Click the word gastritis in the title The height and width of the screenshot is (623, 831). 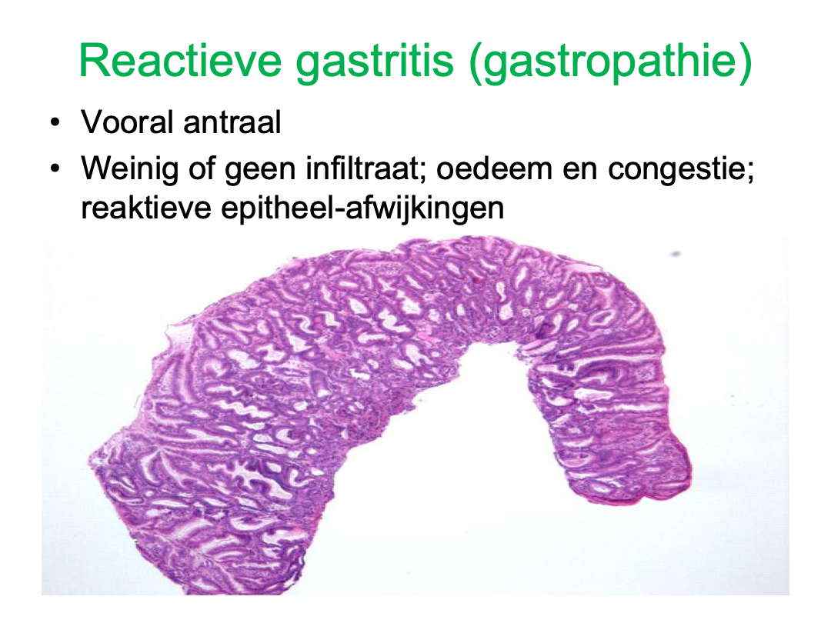click(375, 62)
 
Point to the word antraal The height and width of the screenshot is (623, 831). click(232, 122)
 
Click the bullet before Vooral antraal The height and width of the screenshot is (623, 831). click(55, 123)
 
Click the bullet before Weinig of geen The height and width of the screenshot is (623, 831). click(55, 169)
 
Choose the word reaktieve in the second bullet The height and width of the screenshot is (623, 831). click(146, 208)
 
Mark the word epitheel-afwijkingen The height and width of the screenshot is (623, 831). click(362, 209)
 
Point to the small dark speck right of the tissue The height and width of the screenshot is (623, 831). click(676, 255)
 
